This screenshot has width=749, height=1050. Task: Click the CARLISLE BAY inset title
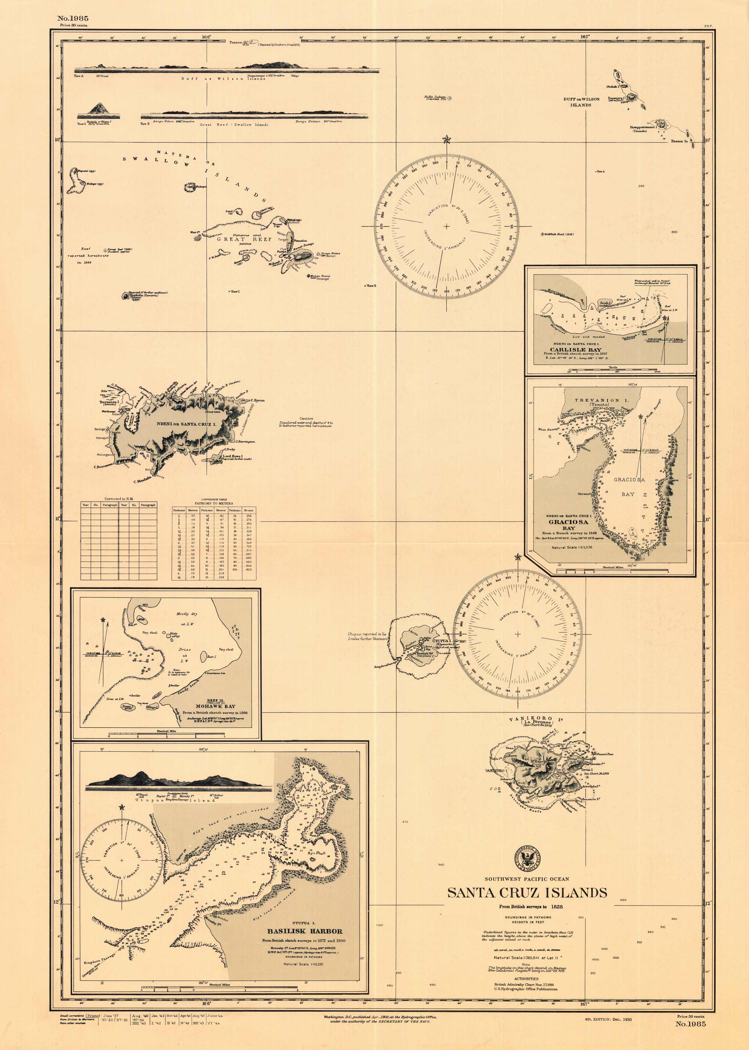click(x=575, y=349)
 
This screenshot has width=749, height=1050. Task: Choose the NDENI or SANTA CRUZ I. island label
click(x=186, y=423)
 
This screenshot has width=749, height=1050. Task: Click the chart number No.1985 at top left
click(x=72, y=18)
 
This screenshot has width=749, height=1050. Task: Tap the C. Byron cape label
click(x=257, y=400)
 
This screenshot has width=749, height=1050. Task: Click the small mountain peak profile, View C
click(x=98, y=109)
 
